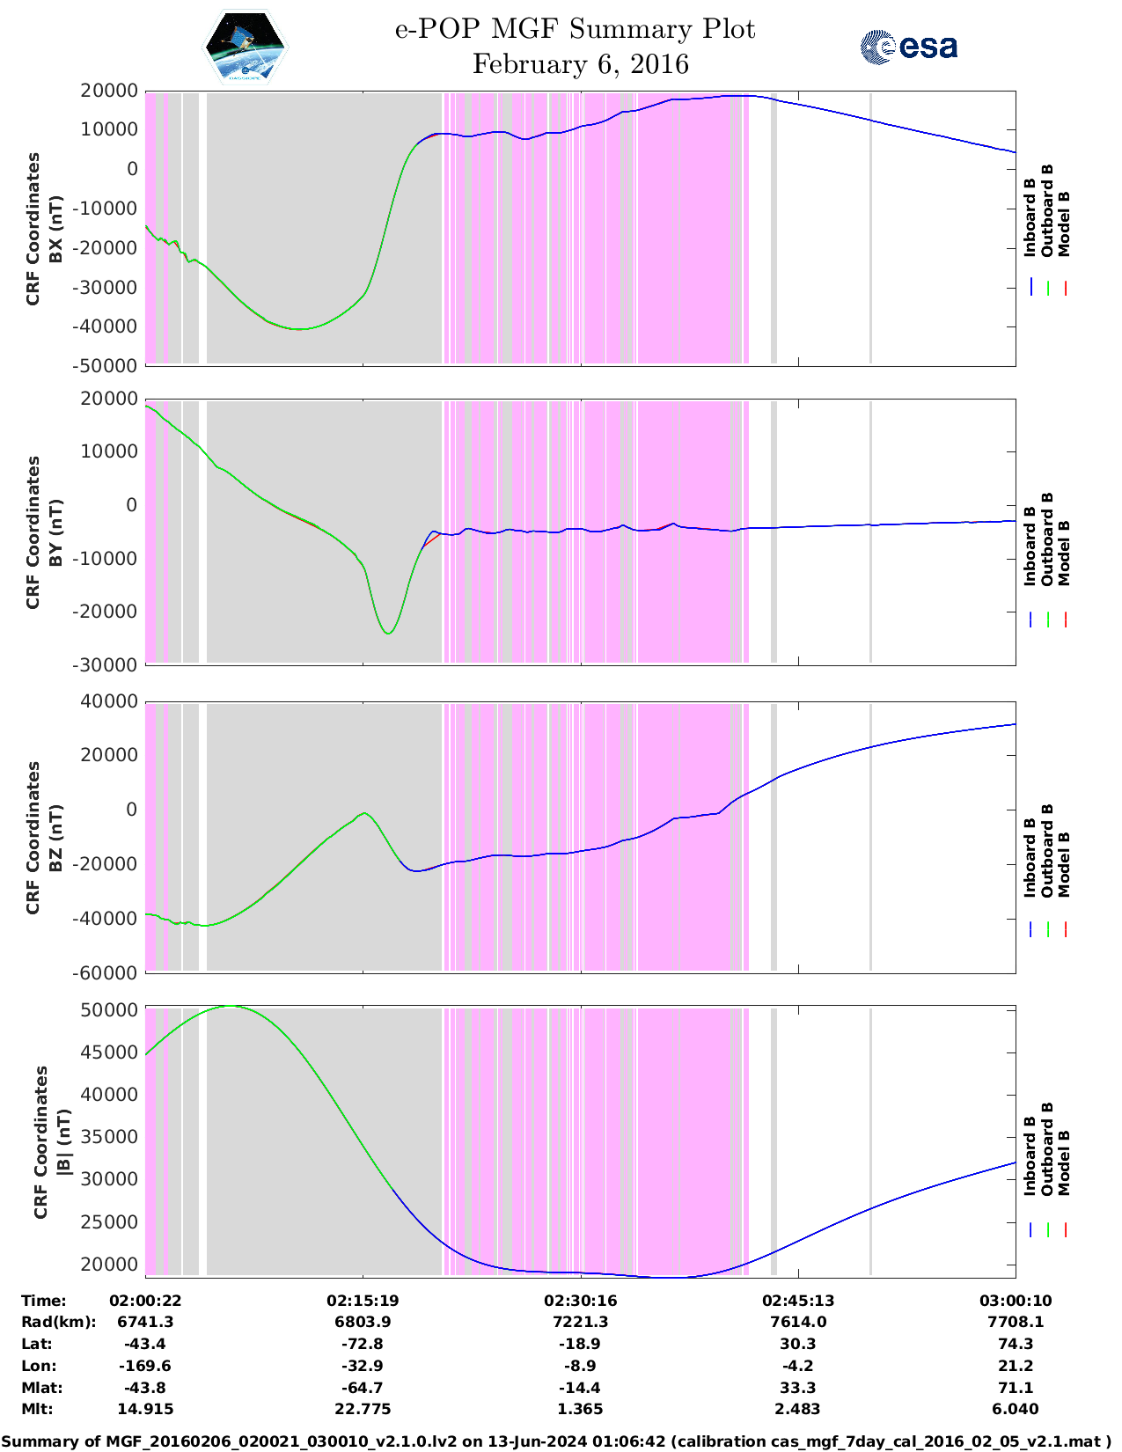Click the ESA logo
908,47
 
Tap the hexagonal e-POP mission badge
246,48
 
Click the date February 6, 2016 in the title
580,64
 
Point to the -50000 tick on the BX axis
108,365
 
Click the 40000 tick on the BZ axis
108,701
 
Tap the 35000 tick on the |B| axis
108,1137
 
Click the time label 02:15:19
363,1301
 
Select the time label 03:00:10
1016,1301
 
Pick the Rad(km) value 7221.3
580,1322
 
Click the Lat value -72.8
363,1344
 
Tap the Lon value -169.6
145,1366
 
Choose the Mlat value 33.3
798,1388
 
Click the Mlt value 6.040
1016,1409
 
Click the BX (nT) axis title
55,229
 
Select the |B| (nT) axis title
63,1142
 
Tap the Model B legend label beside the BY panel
1064,553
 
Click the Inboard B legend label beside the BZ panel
1030,857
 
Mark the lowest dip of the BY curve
388,634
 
